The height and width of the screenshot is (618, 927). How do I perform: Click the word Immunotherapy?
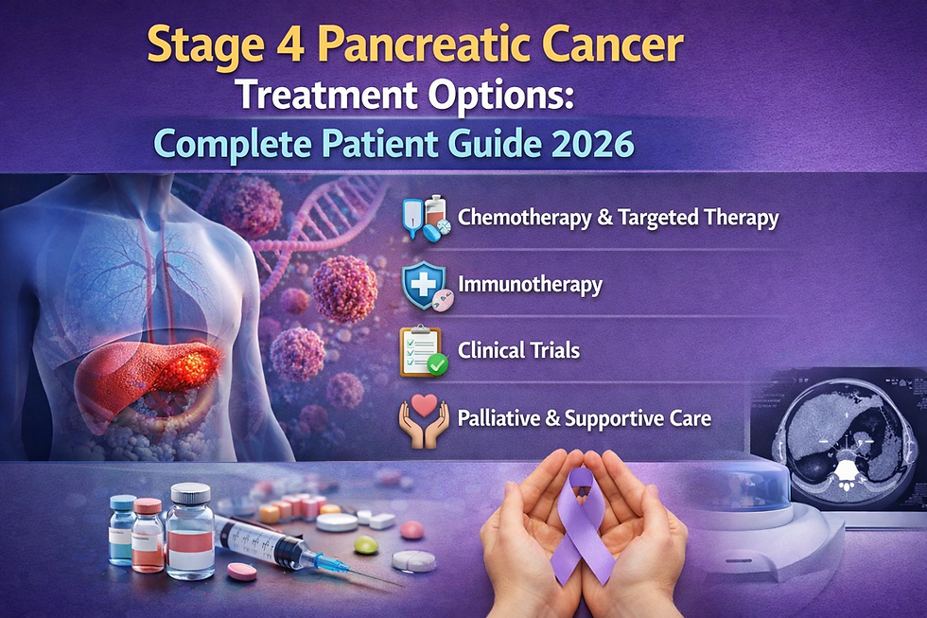click(x=529, y=284)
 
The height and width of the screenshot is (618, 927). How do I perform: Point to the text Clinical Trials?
click(x=518, y=350)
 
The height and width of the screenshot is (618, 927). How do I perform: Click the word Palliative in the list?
click(x=499, y=416)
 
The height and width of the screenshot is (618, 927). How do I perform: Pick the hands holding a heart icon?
click(x=423, y=419)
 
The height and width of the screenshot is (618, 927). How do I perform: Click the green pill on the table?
click(x=365, y=546)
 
